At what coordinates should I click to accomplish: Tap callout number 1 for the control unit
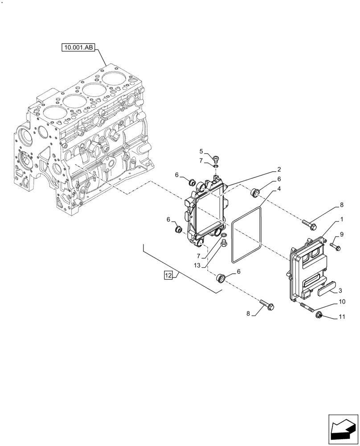pyautogui.click(x=342, y=220)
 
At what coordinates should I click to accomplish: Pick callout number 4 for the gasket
pyautogui.click(x=278, y=189)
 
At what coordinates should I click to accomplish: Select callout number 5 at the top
pyautogui.click(x=201, y=151)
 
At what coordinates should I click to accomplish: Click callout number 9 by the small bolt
pyautogui.click(x=342, y=235)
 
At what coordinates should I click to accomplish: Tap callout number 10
pyautogui.click(x=342, y=302)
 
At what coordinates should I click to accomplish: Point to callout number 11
pyautogui.click(x=342, y=317)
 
